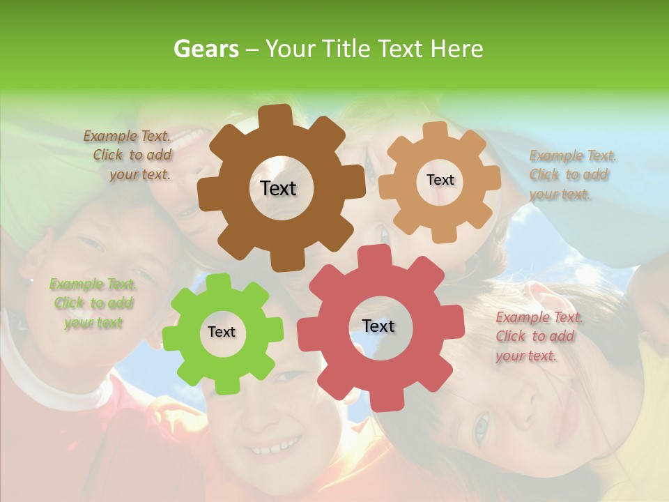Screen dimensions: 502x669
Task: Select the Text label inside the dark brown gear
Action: [x=279, y=188]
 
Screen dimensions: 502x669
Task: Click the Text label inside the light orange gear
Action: [x=440, y=180]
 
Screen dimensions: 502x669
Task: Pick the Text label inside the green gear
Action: [x=222, y=332]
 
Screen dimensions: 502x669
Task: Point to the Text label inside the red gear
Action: [x=378, y=326]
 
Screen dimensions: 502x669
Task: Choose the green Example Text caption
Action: [x=93, y=303]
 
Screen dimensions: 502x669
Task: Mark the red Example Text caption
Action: [x=538, y=337]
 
